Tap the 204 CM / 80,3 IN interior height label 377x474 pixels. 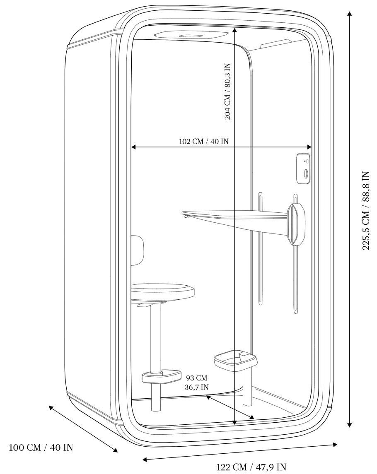click(x=227, y=91)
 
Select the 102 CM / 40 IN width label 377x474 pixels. click(x=204, y=141)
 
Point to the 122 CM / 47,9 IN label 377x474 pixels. click(x=251, y=467)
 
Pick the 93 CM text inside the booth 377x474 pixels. click(x=196, y=378)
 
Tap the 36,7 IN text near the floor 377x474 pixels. click(x=196, y=387)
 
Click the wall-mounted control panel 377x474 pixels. click(x=304, y=169)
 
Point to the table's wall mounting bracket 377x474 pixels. click(x=297, y=224)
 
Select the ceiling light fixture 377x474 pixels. click(x=191, y=35)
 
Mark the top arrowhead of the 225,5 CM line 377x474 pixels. click(x=350, y=14)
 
